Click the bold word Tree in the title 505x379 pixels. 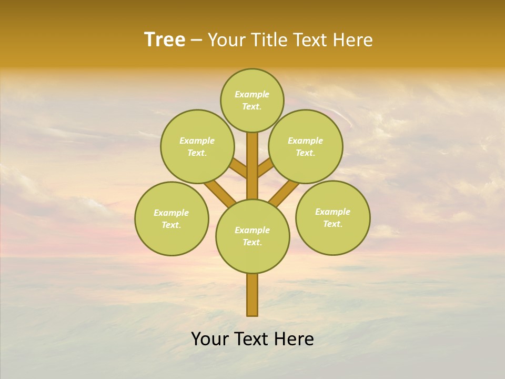[165, 40]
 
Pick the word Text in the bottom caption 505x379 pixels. [252, 340]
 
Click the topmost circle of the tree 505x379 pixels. [252, 100]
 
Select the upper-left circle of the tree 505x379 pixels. [197, 146]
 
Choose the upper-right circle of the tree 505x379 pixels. [306, 146]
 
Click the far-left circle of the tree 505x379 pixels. [171, 218]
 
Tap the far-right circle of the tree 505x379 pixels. [332, 217]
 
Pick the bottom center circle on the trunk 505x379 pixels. [252, 236]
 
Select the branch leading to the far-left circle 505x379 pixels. [220, 192]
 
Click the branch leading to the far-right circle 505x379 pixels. [284, 193]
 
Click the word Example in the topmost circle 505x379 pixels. [252, 94]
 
